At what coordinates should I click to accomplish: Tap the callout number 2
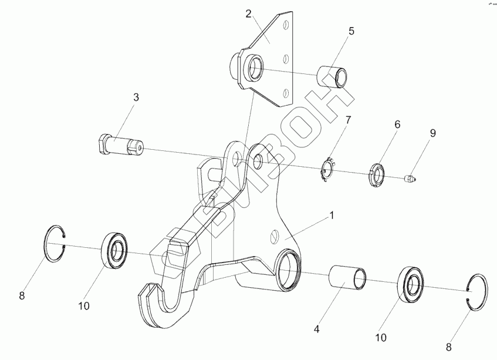tap(249, 13)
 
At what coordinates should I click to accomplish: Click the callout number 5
tap(351, 31)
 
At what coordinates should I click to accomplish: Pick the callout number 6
tap(397, 125)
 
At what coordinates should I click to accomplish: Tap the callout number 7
tap(348, 120)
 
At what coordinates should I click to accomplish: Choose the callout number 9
tap(432, 133)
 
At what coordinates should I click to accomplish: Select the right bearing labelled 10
tap(413, 285)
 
